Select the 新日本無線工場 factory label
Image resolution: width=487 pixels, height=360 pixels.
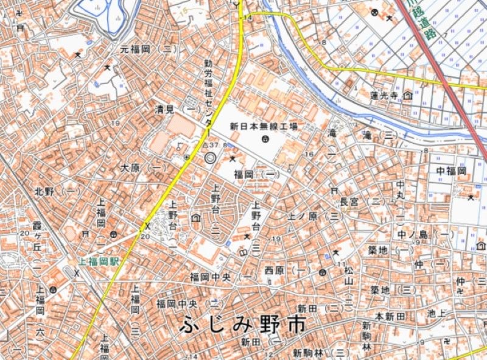coord(264,126)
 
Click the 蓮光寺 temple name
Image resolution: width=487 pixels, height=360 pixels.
coord(384,95)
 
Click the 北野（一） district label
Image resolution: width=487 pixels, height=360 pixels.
coord(58,191)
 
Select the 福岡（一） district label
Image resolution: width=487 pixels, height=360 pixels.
coord(256,174)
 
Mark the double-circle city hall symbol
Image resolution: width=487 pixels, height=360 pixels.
coord(210,158)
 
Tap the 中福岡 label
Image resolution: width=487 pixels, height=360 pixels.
coord(451,171)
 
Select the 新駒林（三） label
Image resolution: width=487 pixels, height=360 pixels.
coord(321,353)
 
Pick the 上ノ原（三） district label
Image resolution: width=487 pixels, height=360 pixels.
coord(315,216)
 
